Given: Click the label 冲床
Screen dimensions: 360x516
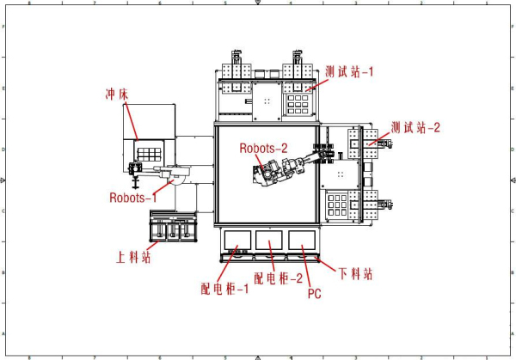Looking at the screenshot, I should pyautogui.click(x=116, y=93).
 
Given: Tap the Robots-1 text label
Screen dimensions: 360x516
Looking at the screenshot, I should pyautogui.click(x=133, y=197).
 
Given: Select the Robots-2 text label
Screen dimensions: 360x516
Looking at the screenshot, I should pyautogui.click(x=263, y=148).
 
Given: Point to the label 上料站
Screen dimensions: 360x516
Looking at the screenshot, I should pyautogui.click(x=134, y=256).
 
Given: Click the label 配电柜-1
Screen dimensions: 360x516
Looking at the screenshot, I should pyautogui.click(x=224, y=288).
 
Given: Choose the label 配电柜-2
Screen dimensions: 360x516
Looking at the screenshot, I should pyautogui.click(x=278, y=278).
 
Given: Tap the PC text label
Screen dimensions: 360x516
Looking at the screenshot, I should pyautogui.click(x=314, y=293).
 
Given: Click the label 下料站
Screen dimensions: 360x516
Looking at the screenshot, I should pyautogui.click(x=354, y=275).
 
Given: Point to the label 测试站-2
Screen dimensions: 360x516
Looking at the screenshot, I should pyautogui.click(x=415, y=128).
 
